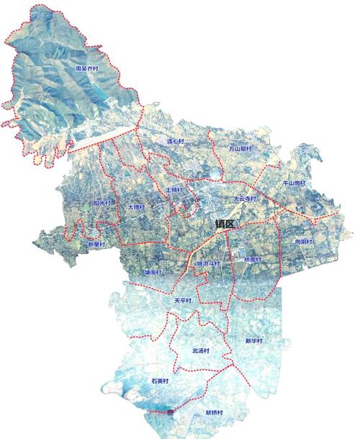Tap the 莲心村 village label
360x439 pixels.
coord(176,142)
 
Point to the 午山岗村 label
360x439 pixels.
coord(294,184)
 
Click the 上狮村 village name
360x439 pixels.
coord(174,190)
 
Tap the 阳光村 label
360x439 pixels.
coord(103,204)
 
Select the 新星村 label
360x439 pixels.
coord(96,245)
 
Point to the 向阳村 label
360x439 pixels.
coord(305,243)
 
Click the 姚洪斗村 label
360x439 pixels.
coord(207,263)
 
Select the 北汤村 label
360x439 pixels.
coord(200,350)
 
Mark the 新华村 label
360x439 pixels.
coord(253,340)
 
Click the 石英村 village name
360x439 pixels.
coord(159,380)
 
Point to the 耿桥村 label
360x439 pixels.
coord(214,413)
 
